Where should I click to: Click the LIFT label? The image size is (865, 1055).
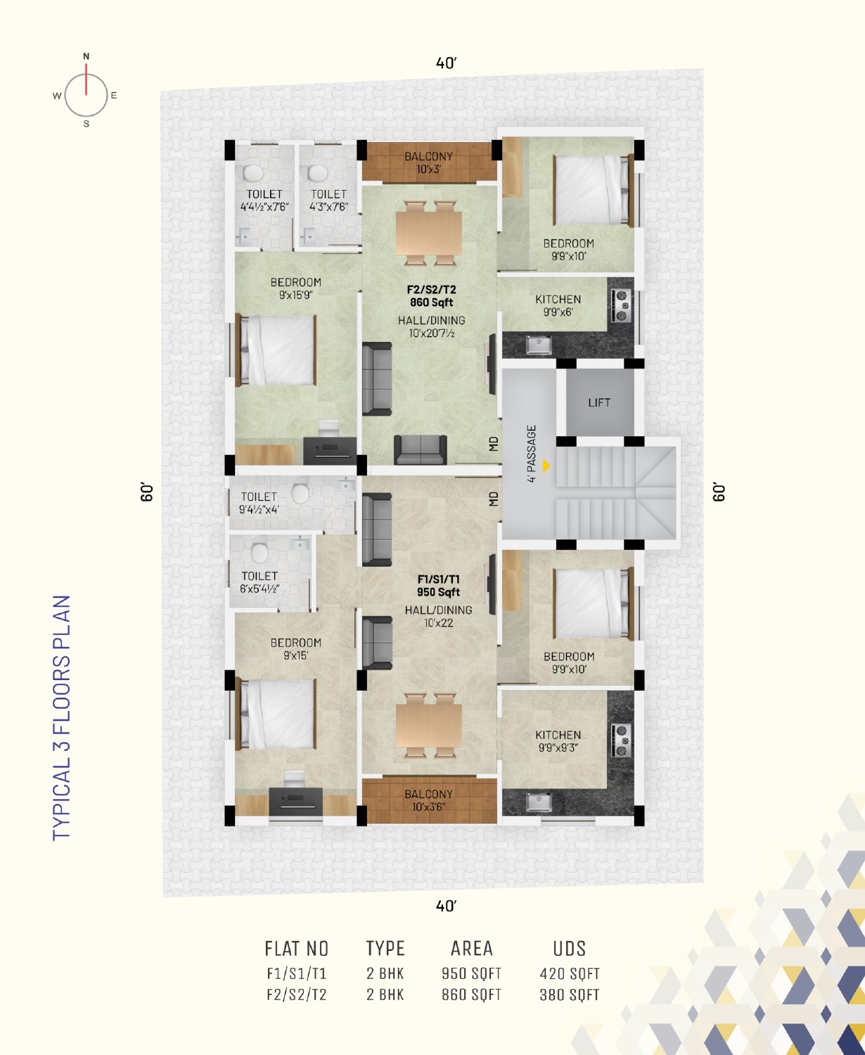(599, 403)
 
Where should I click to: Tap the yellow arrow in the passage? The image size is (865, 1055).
(546, 466)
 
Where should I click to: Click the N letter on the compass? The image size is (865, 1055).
(86, 56)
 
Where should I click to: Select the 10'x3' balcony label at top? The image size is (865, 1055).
(429, 162)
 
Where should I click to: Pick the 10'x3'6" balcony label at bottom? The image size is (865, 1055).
(429, 800)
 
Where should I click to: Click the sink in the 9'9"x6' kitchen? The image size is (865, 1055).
(538, 345)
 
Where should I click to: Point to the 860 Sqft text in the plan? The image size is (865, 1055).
(431, 302)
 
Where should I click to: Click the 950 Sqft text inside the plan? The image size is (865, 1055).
(438, 592)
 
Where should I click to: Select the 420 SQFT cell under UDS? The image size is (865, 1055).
(570, 973)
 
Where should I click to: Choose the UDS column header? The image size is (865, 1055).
(570, 949)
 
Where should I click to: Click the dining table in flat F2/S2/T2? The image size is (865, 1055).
(429, 233)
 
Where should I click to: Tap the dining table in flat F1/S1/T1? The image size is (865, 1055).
(429, 725)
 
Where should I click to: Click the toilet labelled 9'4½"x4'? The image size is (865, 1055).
(259, 504)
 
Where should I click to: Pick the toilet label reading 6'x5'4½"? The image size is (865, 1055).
(259, 582)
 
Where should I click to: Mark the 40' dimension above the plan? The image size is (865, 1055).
(446, 63)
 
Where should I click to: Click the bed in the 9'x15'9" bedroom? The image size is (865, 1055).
(276, 350)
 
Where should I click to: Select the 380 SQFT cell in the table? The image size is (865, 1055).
(570, 995)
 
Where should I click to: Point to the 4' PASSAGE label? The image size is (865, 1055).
(532, 454)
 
